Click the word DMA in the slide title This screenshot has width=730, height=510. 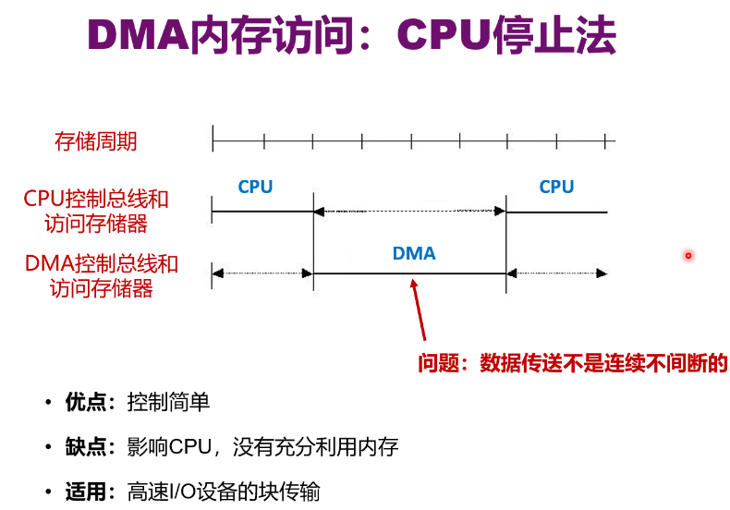(x=135, y=36)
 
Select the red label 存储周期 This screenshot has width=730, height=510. (x=96, y=141)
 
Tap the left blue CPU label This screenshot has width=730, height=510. (x=255, y=187)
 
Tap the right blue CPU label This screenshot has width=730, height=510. (x=556, y=187)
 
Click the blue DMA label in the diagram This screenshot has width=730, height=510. (x=413, y=253)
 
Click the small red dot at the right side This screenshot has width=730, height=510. (x=688, y=255)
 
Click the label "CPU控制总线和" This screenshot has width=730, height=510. (x=96, y=199)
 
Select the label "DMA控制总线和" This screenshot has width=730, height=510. (x=101, y=263)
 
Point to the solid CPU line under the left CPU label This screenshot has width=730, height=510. (x=262, y=212)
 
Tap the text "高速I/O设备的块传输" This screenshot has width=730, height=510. (x=224, y=492)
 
